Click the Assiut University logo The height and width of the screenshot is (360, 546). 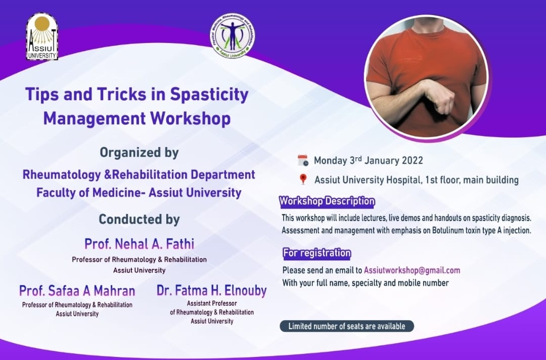[x=42, y=36]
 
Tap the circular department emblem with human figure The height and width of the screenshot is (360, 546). [x=232, y=35]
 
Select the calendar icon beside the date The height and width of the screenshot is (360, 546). [x=303, y=160]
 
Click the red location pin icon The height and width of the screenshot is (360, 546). [x=303, y=179]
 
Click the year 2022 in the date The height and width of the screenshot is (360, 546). [x=413, y=160]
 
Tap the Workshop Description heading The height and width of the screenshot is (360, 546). [x=327, y=202]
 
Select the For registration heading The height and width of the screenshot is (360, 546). [x=316, y=253]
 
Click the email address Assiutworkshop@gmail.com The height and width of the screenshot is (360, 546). [x=412, y=271]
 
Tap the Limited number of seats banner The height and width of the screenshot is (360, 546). [x=347, y=326]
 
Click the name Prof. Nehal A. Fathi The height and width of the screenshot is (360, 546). [x=140, y=244]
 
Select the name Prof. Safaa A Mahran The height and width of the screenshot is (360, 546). [x=77, y=291]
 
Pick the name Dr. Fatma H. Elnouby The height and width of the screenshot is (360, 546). [x=212, y=290]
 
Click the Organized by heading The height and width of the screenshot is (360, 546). [x=140, y=153]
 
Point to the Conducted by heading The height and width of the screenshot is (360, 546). [x=140, y=219]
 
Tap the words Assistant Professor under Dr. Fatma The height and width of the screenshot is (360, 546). [x=212, y=303]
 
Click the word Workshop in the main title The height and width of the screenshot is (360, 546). [x=191, y=118]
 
